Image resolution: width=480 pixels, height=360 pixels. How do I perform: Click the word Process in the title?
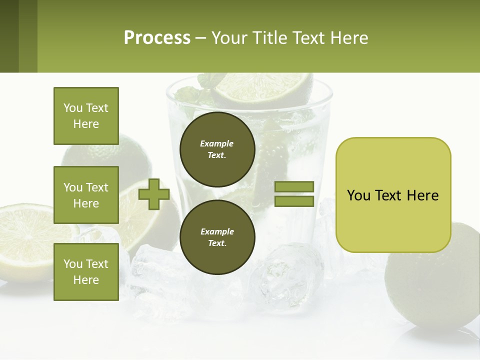click(157, 38)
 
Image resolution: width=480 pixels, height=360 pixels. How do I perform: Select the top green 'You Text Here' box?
click(86, 116)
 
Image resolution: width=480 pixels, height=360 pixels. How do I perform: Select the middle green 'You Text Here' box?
click(86, 195)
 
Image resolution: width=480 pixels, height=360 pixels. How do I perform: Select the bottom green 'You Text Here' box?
click(86, 271)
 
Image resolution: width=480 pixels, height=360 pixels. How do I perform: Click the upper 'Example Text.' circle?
click(217, 149)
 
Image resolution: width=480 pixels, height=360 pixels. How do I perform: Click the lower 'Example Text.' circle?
click(217, 237)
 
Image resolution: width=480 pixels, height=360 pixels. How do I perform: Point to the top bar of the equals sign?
click(294, 186)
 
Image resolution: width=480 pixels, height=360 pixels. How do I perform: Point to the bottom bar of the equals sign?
click(294, 201)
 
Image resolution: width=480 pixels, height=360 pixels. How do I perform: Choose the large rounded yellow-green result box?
click(393, 195)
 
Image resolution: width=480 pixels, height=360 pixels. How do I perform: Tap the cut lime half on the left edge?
click(25, 240)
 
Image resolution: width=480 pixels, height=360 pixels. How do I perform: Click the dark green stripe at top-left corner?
click(9, 36)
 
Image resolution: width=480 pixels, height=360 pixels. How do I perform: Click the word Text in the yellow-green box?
click(392, 195)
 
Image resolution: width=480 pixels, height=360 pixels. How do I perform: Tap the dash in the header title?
click(200, 38)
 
